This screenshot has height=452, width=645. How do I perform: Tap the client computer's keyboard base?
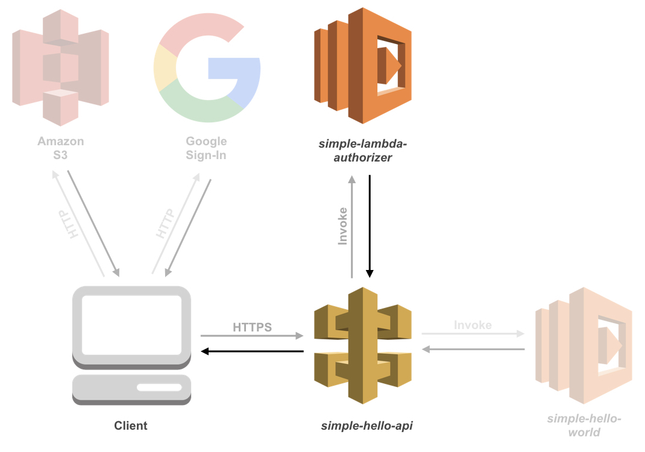[131, 389]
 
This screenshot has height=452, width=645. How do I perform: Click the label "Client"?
[131, 426]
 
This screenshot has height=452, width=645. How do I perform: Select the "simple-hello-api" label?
[367, 426]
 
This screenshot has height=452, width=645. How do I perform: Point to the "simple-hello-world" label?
[584, 425]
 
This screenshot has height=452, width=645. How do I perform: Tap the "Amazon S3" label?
[60, 148]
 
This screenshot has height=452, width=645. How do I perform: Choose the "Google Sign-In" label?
[206, 148]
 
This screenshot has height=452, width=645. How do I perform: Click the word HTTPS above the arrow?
[252, 327]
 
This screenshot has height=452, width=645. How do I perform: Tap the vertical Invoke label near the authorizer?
[343, 225]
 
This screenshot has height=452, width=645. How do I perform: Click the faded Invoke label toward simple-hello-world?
[473, 325]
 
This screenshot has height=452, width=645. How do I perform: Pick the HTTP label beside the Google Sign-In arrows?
[164, 224]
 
